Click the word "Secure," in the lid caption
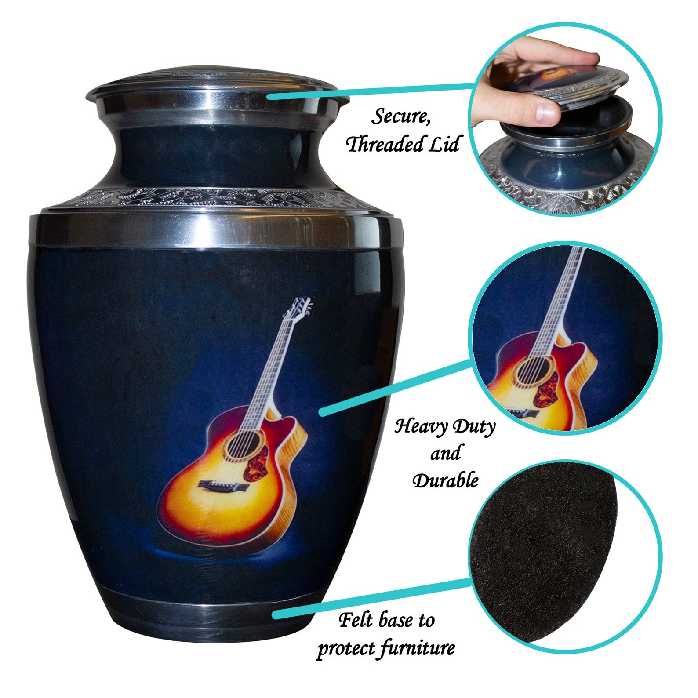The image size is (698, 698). [x=400, y=117]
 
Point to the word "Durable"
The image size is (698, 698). [x=445, y=480]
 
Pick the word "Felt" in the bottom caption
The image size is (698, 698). [x=357, y=620]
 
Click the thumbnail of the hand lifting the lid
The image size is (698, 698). [x=564, y=119]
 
